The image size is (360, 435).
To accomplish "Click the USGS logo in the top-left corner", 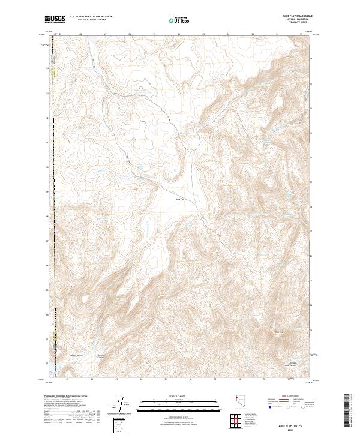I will click(x=55, y=19).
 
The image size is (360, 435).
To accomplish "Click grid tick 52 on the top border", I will click(x=179, y=34).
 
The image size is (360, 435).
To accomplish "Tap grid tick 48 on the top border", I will click(x=80, y=34).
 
